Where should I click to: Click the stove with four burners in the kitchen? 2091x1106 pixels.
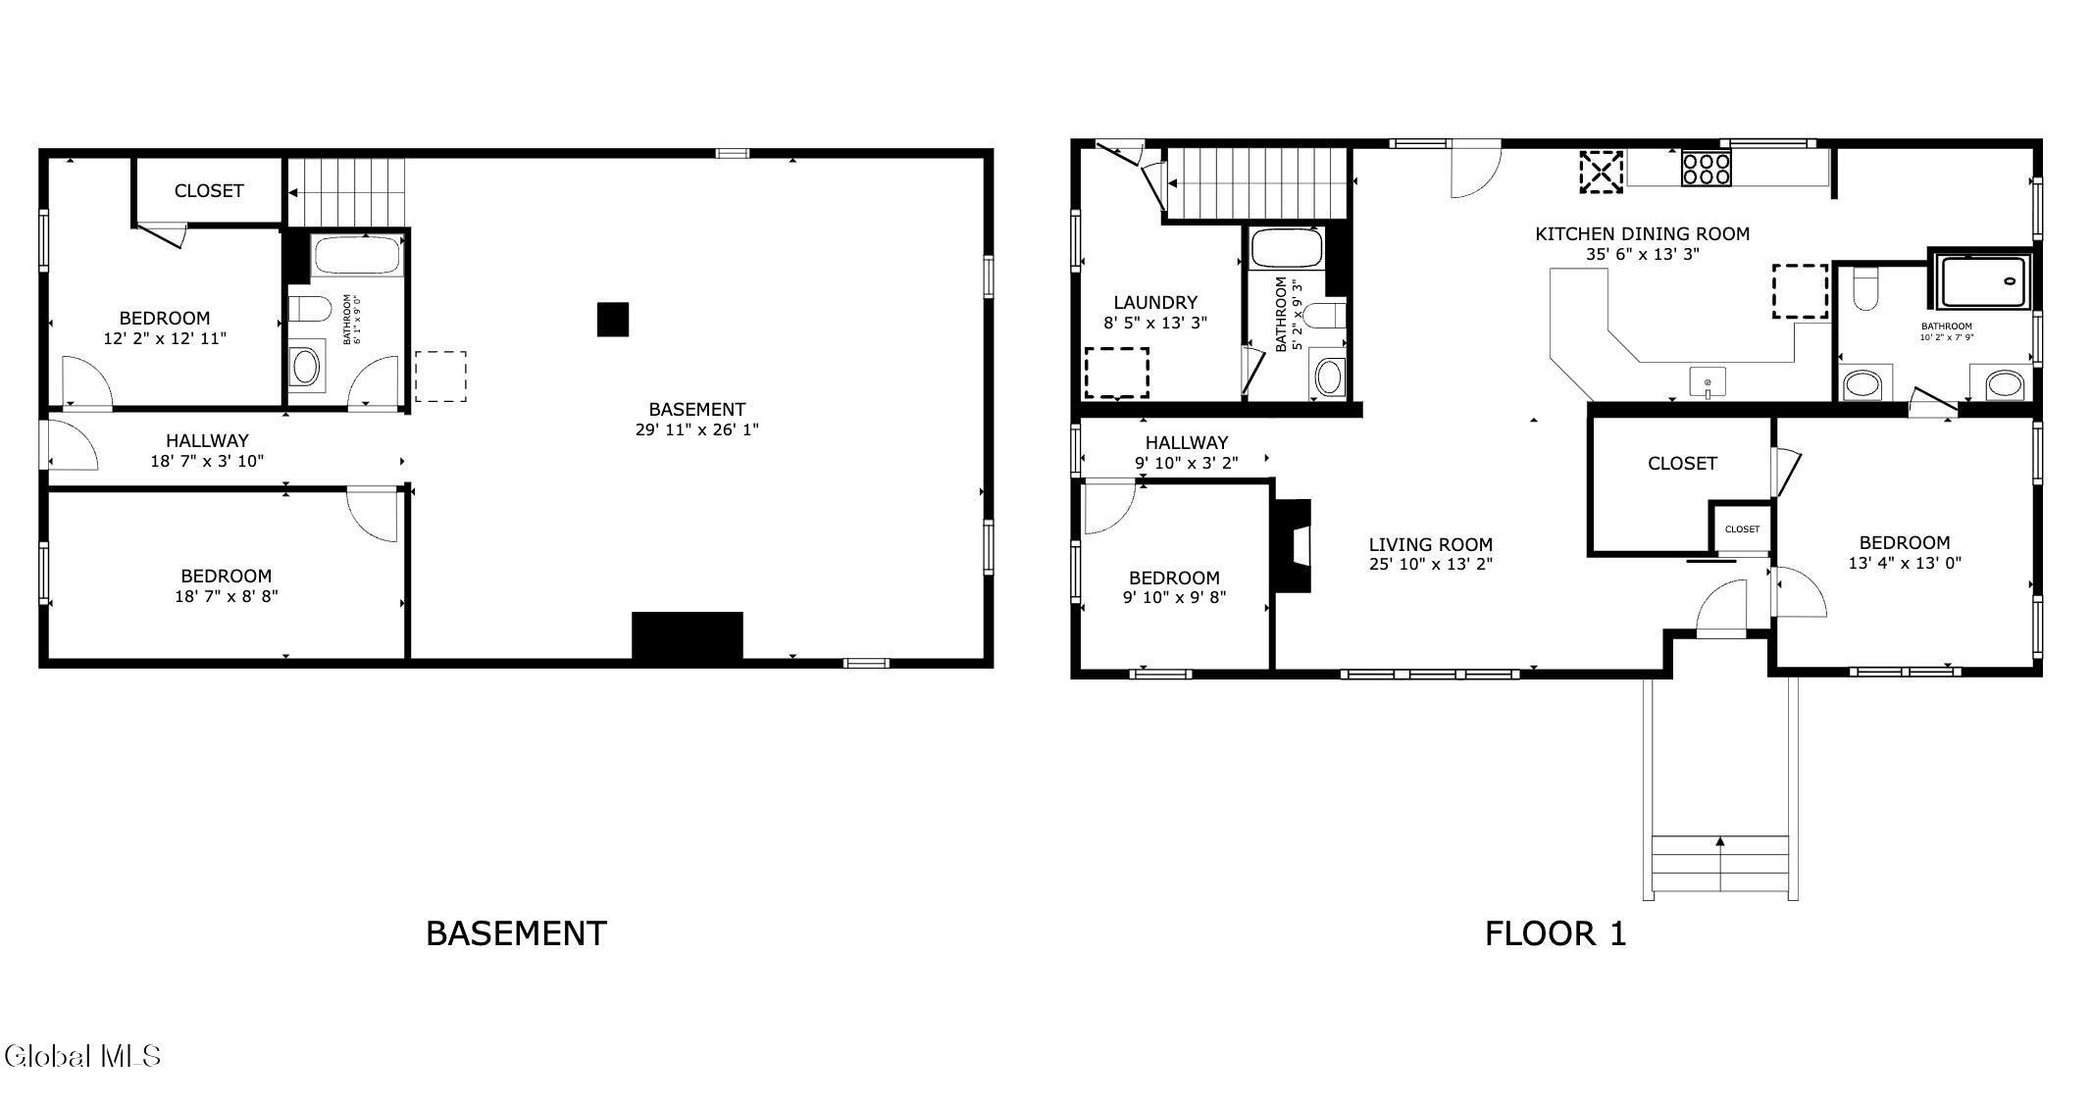pyautogui.click(x=1706, y=169)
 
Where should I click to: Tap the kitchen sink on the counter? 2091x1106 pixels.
pyautogui.click(x=1708, y=382)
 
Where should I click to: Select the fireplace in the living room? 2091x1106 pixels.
pyautogui.click(x=1292, y=545)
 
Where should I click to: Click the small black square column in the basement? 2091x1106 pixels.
pyautogui.click(x=613, y=320)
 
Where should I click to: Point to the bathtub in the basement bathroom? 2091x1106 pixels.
pyautogui.click(x=357, y=256)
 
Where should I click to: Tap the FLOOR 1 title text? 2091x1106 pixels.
pyautogui.click(x=1555, y=933)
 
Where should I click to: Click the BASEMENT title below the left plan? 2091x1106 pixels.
pyautogui.click(x=517, y=933)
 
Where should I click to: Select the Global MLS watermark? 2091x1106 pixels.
pyautogui.click(x=82, y=1056)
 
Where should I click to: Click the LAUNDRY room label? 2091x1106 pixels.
pyautogui.click(x=1155, y=302)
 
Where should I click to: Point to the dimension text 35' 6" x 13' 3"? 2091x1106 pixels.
pyautogui.click(x=1643, y=253)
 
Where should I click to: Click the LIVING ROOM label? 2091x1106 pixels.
pyautogui.click(x=1431, y=544)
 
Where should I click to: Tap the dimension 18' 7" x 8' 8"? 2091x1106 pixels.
pyautogui.click(x=227, y=595)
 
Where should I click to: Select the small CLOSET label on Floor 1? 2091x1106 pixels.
pyautogui.click(x=1743, y=529)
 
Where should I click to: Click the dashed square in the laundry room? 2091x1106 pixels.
pyautogui.click(x=1116, y=373)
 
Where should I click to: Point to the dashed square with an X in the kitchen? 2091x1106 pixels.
pyautogui.click(x=1601, y=172)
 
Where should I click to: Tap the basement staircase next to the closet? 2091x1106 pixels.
pyautogui.click(x=347, y=191)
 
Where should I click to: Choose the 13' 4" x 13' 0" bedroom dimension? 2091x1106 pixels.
pyautogui.click(x=1905, y=563)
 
